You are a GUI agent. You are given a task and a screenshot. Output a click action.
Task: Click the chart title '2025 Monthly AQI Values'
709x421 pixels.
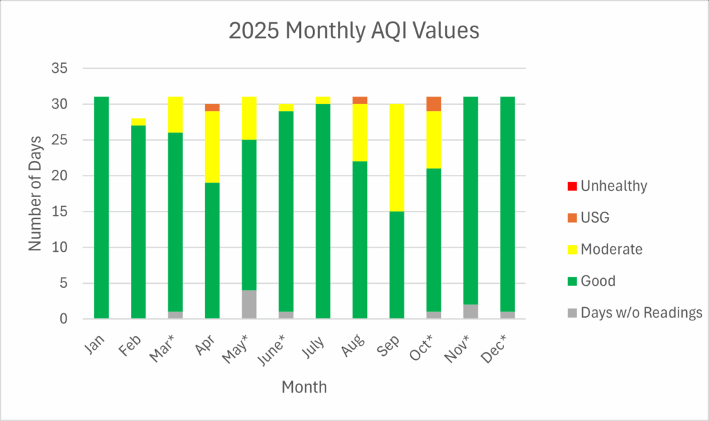click(x=354, y=31)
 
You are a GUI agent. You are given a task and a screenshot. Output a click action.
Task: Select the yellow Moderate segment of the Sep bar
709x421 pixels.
click(x=397, y=157)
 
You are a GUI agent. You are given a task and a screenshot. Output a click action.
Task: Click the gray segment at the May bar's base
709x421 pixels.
click(x=249, y=304)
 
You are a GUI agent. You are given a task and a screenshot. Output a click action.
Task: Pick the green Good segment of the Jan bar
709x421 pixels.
click(x=101, y=207)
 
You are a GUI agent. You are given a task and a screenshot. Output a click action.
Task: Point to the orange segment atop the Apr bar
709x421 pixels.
click(x=212, y=108)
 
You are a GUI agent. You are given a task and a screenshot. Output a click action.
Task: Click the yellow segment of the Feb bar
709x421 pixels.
click(x=138, y=122)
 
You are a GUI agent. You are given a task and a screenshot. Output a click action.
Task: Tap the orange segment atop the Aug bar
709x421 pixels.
click(x=360, y=101)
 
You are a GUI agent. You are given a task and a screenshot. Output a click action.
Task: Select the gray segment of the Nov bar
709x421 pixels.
click(x=508, y=311)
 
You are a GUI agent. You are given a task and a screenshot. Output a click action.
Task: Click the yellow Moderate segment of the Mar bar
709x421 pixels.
click(x=175, y=114)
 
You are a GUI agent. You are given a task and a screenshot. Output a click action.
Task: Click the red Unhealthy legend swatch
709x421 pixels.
click(x=571, y=186)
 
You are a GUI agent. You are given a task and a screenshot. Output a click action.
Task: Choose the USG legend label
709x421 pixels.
click(x=595, y=218)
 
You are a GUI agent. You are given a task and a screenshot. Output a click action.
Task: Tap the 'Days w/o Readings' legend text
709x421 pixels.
click(x=642, y=313)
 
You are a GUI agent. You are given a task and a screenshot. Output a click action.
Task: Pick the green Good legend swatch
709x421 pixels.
click(x=571, y=281)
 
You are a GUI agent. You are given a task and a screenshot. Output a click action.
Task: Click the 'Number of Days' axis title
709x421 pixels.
click(x=36, y=194)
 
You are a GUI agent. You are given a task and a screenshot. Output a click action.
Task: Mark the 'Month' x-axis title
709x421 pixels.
click(x=304, y=387)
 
